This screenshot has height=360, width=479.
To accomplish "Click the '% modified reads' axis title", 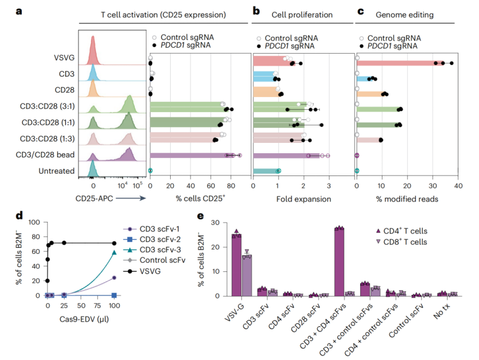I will click(x=408, y=198).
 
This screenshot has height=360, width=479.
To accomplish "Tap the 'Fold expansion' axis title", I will click(x=303, y=198).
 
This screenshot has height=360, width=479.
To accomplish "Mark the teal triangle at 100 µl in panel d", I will click(x=115, y=253).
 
